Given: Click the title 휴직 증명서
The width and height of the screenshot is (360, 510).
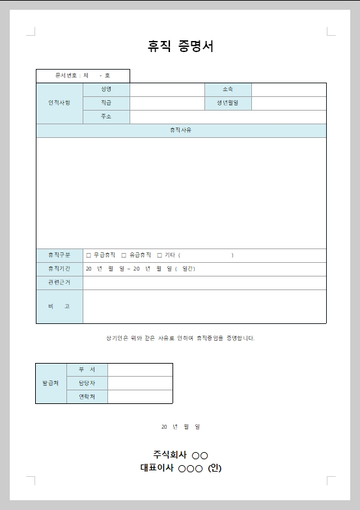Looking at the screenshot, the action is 180,46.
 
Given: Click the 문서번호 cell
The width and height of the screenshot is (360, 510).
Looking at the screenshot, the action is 83,76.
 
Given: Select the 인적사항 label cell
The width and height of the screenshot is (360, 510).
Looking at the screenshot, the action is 59,103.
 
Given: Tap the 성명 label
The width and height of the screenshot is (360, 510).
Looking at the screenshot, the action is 106,89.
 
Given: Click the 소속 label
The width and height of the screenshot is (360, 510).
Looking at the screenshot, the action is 228,89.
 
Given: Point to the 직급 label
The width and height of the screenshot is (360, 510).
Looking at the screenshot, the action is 106,103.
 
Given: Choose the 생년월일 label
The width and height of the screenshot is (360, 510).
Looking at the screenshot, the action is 228,103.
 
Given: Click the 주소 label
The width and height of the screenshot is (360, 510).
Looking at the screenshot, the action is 106,116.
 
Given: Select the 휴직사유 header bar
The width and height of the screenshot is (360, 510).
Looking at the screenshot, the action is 181,130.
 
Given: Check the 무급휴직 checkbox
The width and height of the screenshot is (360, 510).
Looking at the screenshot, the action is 89,256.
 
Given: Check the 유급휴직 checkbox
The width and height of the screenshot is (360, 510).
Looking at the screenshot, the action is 124,256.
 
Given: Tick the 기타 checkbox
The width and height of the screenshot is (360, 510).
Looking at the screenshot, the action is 159,256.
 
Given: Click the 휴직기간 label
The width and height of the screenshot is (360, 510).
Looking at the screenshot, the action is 59,269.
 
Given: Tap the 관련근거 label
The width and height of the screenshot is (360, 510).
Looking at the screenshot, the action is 59,282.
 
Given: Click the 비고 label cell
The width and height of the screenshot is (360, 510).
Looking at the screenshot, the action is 59,306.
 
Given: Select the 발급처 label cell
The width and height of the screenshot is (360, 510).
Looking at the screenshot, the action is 51,383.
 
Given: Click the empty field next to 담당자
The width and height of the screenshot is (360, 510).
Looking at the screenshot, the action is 140,383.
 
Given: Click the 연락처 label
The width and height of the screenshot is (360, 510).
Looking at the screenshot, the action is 87,396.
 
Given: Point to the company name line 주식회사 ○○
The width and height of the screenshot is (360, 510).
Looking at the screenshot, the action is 180,454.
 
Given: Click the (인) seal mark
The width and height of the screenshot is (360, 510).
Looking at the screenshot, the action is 215,467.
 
